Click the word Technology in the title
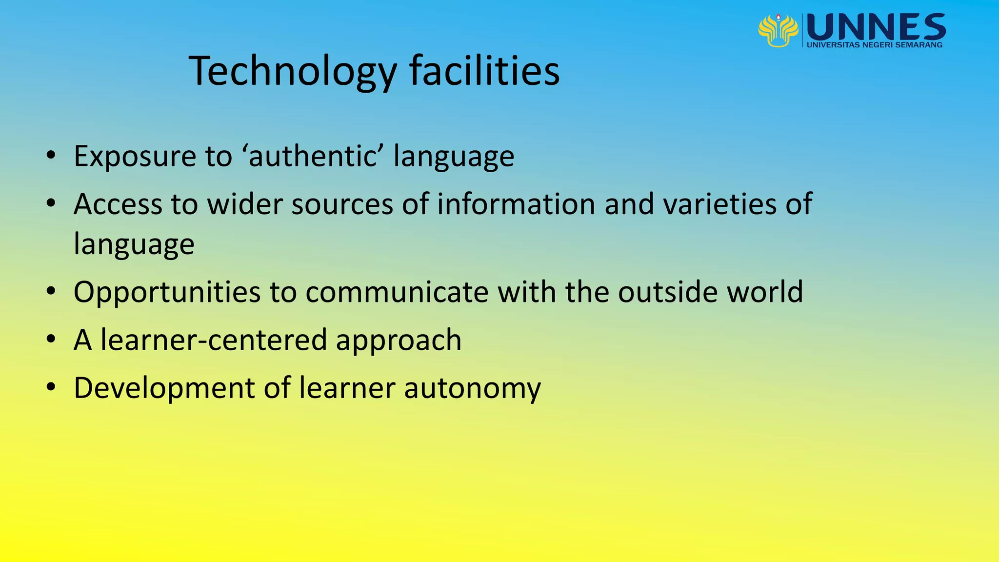(x=293, y=71)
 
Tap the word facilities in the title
(x=484, y=71)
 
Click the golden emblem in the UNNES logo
(x=778, y=30)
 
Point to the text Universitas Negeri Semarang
(x=875, y=45)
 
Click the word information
(x=516, y=204)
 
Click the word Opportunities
(x=167, y=292)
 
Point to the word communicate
(x=397, y=292)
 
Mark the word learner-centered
(x=214, y=340)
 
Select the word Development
(x=164, y=388)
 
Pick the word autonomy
(x=472, y=389)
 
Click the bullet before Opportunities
(x=51, y=292)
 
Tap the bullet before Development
(x=51, y=388)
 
